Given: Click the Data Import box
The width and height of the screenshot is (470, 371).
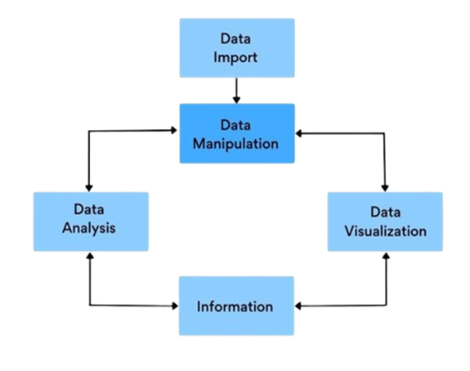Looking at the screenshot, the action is coord(237,48).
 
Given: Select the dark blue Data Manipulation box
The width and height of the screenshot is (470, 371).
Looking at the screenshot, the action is coord(237,133).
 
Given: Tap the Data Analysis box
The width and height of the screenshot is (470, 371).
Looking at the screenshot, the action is coord(91,221).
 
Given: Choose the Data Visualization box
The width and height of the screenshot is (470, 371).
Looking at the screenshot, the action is coord(385,221).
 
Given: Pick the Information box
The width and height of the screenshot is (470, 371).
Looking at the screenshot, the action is coord(236,306).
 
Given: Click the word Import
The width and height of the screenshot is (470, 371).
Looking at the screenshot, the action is coord(235,58).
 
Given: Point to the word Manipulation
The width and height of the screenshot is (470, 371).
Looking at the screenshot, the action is coord(235,144).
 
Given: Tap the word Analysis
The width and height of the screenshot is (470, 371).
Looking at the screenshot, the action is coord(89,228).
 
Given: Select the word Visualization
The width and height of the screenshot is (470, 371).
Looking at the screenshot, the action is coord(386,231).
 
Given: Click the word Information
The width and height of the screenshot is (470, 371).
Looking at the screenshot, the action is coord(235,306).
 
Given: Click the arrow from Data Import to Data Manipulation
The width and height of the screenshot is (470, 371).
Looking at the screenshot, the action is coord(236,91).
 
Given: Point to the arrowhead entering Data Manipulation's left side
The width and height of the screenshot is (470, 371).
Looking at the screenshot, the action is coord(173,130).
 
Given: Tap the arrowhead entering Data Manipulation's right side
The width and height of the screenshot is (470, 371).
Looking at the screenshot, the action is coord(298,133).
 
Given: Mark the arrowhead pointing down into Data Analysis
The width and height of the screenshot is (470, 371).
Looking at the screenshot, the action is coord(89,188).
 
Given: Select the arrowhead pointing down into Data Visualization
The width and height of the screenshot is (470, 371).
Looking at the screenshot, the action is coord(385,188).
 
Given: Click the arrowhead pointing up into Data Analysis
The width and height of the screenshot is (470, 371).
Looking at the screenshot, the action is coord(90,256).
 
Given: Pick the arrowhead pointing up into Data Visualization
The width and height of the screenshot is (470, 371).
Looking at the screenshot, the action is coord(387,256).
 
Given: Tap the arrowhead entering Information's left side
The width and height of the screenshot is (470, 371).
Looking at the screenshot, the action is coord(175,306).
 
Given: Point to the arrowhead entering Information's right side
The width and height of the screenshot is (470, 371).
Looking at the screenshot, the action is coord(298,306).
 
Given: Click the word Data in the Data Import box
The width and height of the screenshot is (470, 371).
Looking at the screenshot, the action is coord(235,39).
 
